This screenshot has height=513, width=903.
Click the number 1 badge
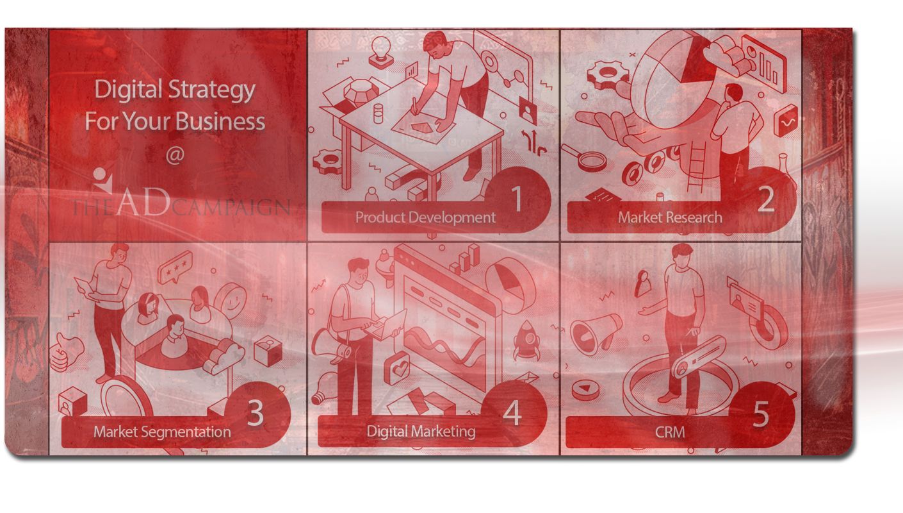517,200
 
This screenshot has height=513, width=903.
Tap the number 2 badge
766,200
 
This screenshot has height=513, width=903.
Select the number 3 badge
256,414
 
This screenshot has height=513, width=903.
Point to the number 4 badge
512,414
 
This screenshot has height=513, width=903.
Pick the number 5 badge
760,415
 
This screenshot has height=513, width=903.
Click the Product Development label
425,217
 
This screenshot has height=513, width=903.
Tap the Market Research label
670,217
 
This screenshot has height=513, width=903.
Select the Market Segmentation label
162,432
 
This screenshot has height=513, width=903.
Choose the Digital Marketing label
421,431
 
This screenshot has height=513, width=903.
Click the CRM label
670,432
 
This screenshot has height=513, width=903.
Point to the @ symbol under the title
174,156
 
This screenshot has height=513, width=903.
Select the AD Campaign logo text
181,205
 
